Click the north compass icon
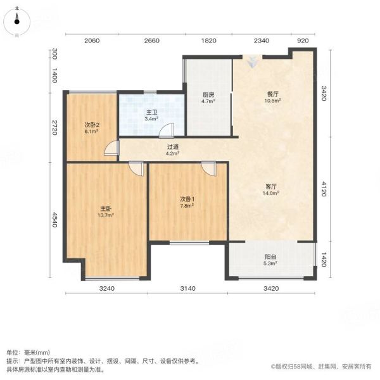click(16, 22)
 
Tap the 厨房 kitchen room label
click(208, 94)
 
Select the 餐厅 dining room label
click(273, 94)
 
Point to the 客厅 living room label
click(271, 187)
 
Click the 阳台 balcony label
click(270, 256)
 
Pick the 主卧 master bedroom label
click(106, 208)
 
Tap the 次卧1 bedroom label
click(187, 199)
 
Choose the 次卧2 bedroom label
click(92, 125)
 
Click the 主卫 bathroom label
click(152, 112)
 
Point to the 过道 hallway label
click(173, 147)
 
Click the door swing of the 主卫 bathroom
click(167, 131)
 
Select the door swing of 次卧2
click(111, 148)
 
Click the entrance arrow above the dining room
click(252, 62)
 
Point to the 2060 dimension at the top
click(92, 41)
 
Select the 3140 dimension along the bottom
click(188, 288)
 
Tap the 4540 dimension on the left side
click(54, 220)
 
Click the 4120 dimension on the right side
click(324, 189)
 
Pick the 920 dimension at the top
click(303, 41)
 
